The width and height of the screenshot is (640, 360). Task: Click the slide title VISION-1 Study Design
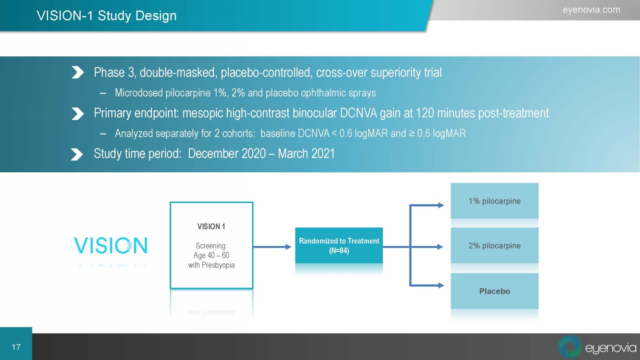click(107, 16)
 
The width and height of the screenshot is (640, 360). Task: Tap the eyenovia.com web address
click(591, 10)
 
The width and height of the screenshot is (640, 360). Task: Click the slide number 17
click(16, 347)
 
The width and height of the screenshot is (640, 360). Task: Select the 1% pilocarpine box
click(495, 201)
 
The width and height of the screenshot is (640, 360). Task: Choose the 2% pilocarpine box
click(495, 245)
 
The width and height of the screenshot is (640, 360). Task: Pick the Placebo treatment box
click(495, 291)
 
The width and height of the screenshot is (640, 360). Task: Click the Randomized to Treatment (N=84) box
click(339, 245)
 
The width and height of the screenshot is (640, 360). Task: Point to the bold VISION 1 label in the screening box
click(211, 226)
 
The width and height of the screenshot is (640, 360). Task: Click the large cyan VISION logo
click(111, 245)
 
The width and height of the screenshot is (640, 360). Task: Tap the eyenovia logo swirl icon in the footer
click(570, 346)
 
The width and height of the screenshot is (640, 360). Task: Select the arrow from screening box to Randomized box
click(272, 247)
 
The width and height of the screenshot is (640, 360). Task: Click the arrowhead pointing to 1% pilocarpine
click(441, 205)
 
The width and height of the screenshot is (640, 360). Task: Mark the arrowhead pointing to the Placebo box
click(441, 285)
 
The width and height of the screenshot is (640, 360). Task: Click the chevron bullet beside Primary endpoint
click(77, 114)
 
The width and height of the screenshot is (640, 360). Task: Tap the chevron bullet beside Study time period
click(77, 154)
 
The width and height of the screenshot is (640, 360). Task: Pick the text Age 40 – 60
click(212, 255)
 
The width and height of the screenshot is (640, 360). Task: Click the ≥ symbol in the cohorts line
click(411, 134)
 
